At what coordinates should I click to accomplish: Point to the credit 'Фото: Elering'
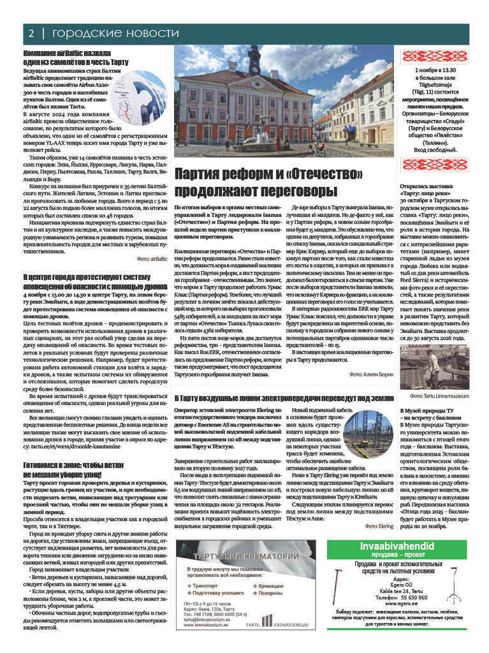379,509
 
